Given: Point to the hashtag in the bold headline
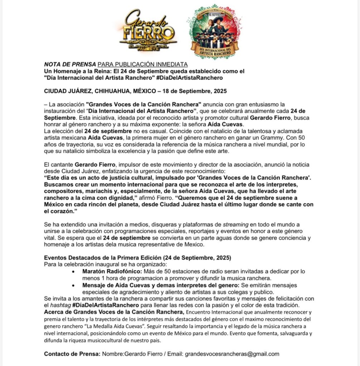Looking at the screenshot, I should coord(193,78).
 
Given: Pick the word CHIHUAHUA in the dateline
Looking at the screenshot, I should coord(117,91).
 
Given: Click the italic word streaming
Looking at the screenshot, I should coord(235,224).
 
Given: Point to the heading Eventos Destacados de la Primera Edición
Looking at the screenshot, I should coord(138,258).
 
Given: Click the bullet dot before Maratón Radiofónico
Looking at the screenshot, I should coord(74,272).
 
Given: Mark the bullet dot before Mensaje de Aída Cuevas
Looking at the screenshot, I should coord(74,286).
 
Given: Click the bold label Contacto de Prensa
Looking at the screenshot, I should coord(72,354).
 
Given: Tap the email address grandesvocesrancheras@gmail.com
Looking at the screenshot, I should coord(232,354).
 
